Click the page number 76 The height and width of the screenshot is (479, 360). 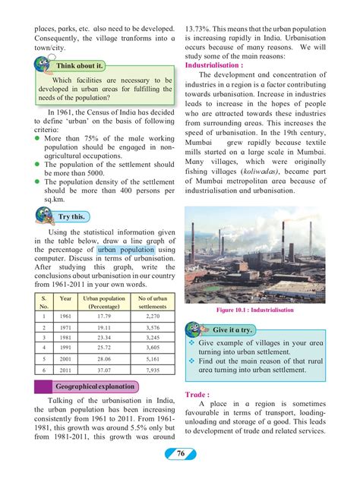pyautogui.click(x=180, y=454)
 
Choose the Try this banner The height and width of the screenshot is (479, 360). pyautogui.click(x=71, y=216)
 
